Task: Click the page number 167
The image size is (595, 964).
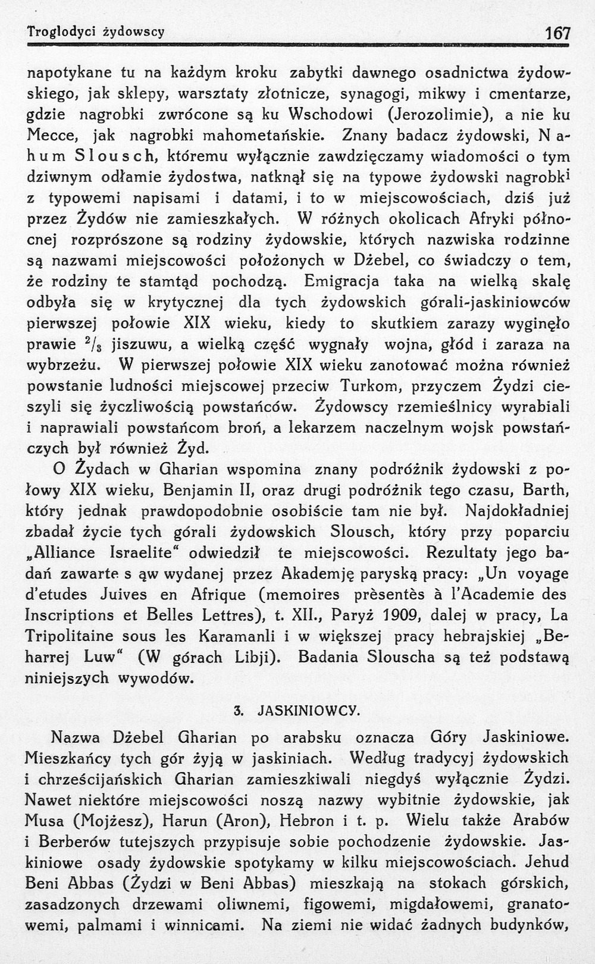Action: pyautogui.click(x=558, y=33)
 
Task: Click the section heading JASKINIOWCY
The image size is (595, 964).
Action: pyautogui.click(x=308, y=711)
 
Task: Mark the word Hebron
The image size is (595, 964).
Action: pyautogui.click(x=306, y=821)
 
